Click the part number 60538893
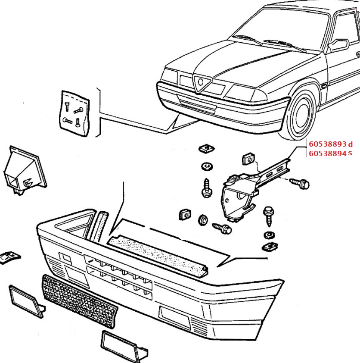point(327,144)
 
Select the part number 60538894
point(327,153)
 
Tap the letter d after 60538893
point(350,144)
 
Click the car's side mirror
point(338,44)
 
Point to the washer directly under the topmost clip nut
point(206,166)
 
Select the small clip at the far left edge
point(9,257)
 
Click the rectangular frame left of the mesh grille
point(26,300)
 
